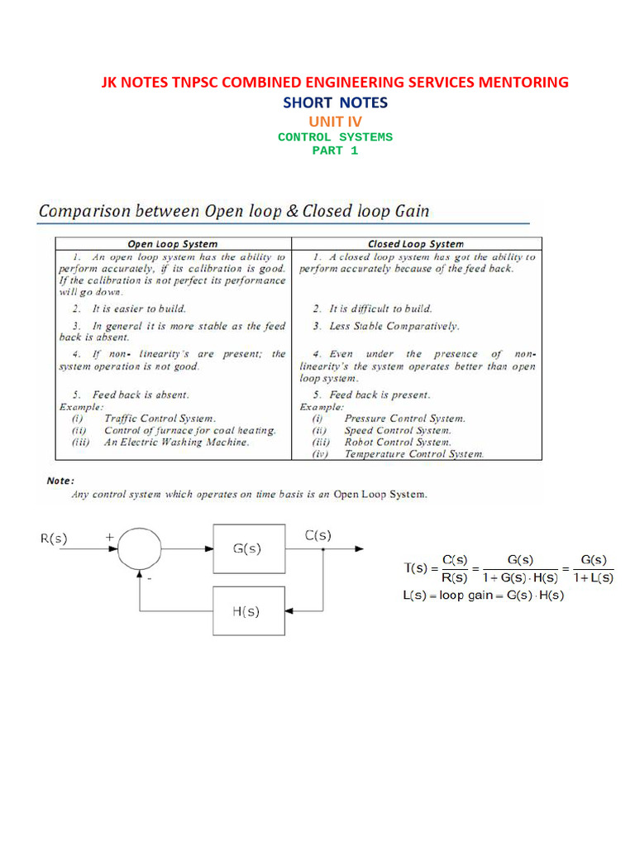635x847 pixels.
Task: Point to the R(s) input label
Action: pyautogui.click(x=55, y=538)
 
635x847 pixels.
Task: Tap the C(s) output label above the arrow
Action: pyautogui.click(x=317, y=535)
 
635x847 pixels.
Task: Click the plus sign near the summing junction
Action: pyautogui.click(x=110, y=537)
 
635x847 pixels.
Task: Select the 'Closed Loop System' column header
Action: pyautogui.click(x=416, y=244)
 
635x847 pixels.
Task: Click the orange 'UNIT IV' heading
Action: pyautogui.click(x=335, y=122)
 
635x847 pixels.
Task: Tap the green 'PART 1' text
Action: pyautogui.click(x=335, y=151)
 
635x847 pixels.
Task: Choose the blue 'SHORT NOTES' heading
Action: pyautogui.click(x=335, y=103)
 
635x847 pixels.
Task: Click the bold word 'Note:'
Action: pyautogui.click(x=60, y=480)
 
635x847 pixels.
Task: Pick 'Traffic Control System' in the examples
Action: pyautogui.click(x=160, y=419)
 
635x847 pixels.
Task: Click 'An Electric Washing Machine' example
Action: pyautogui.click(x=176, y=442)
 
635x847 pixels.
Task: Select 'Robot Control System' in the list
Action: pyautogui.click(x=398, y=442)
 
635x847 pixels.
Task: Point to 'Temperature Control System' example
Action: pyautogui.click(x=414, y=453)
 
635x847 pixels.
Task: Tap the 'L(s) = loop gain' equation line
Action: pyautogui.click(x=484, y=596)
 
